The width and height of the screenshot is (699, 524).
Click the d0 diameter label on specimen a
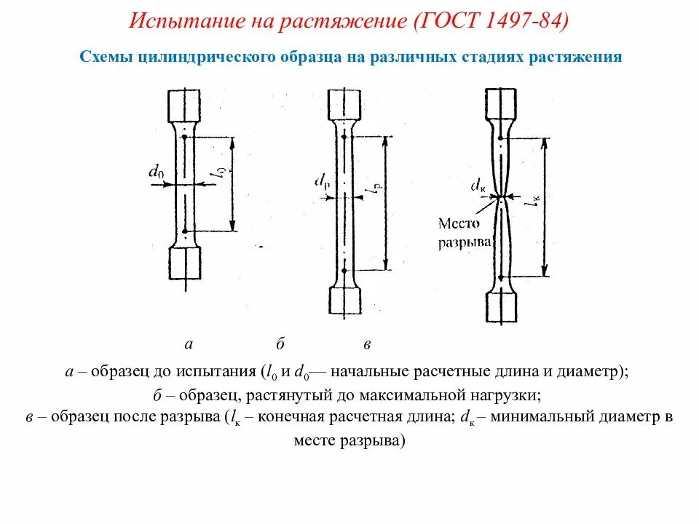click(x=156, y=172)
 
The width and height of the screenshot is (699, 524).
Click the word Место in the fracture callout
click(x=459, y=223)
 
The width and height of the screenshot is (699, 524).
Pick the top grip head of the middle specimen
click(x=344, y=106)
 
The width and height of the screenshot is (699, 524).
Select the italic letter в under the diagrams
click(x=368, y=344)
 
